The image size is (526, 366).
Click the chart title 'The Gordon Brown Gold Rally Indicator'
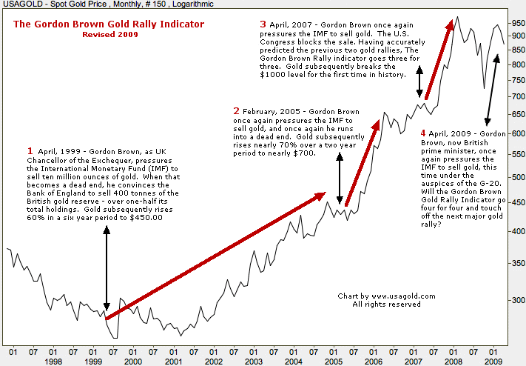pyautogui.click(x=109, y=24)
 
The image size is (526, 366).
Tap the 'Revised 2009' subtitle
pyautogui.click(x=109, y=35)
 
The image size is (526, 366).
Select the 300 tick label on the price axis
pyautogui.click(x=516, y=302)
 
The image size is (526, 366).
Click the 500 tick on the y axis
pyautogui.click(x=516, y=177)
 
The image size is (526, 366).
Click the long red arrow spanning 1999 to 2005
pyautogui.click(x=215, y=256)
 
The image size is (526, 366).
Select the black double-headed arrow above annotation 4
pyautogui.click(x=491, y=89)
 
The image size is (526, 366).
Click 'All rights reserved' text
pyautogui.click(x=386, y=305)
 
